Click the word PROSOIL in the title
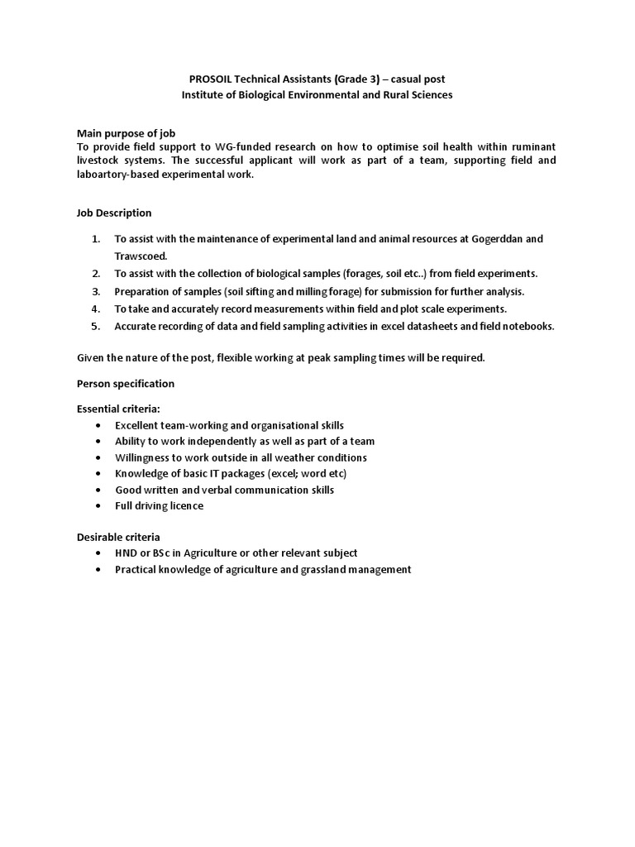[x=210, y=79]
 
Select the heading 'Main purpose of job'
[x=126, y=133]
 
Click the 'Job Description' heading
[x=114, y=213]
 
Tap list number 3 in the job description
[x=96, y=291]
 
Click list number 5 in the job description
[x=96, y=326]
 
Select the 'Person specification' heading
[x=126, y=384]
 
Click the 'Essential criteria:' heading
[x=119, y=409]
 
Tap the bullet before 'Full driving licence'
[x=98, y=505]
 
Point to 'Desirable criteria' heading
[x=118, y=537]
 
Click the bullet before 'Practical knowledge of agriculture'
[x=98, y=570]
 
